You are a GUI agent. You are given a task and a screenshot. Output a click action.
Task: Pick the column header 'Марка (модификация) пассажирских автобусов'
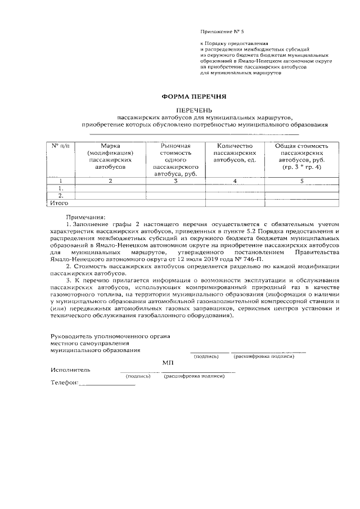110,156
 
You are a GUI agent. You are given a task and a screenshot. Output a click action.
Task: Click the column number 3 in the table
175,181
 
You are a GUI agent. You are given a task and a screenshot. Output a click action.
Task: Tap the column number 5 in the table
301,181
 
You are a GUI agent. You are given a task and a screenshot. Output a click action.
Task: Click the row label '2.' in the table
60,196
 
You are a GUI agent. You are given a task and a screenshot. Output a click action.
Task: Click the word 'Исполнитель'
69,370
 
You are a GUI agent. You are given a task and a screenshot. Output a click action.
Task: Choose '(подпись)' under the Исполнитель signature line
138,377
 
